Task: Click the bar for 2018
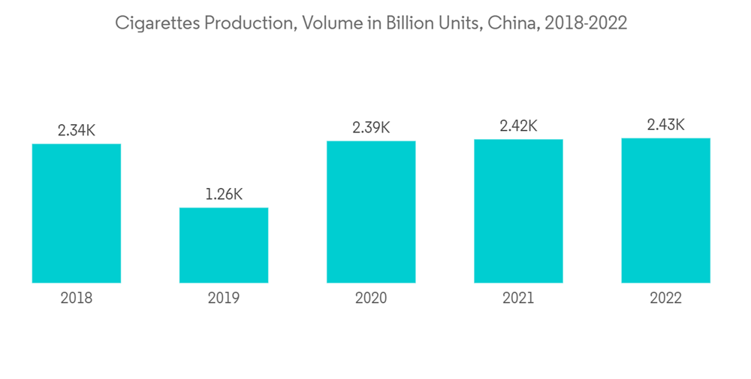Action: pyautogui.click(x=77, y=213)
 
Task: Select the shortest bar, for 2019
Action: pyautogui.click(x=224, y=245)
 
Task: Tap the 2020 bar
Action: pyautogui.click(x=371, y=212)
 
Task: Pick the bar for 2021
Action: pyautogui.click(x=518, y=211)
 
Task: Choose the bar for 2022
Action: pyautogui.click(x=665, y=211)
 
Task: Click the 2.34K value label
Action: pyautogui.click(x=77, y=130)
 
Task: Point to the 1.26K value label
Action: pyautogui.click(x=224, y=194)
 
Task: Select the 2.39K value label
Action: pyautogui.click(x=371, y=127)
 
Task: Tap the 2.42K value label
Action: pyautogui.click(x=518, y=126)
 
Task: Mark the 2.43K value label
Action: pyautogui.click(x=665, y=125)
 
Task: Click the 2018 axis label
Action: pyautogui.click(x=77, y=299)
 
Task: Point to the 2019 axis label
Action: pyautogui.click(x=224, y=299)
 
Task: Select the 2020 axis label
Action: pyautogui.click(x=371, y=299)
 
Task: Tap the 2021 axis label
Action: pyautogui.click(x=518, y=299)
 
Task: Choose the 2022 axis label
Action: pyautogui.click(x=665, y=299)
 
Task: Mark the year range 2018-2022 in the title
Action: pyautogui.click(x=587, y=24)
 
